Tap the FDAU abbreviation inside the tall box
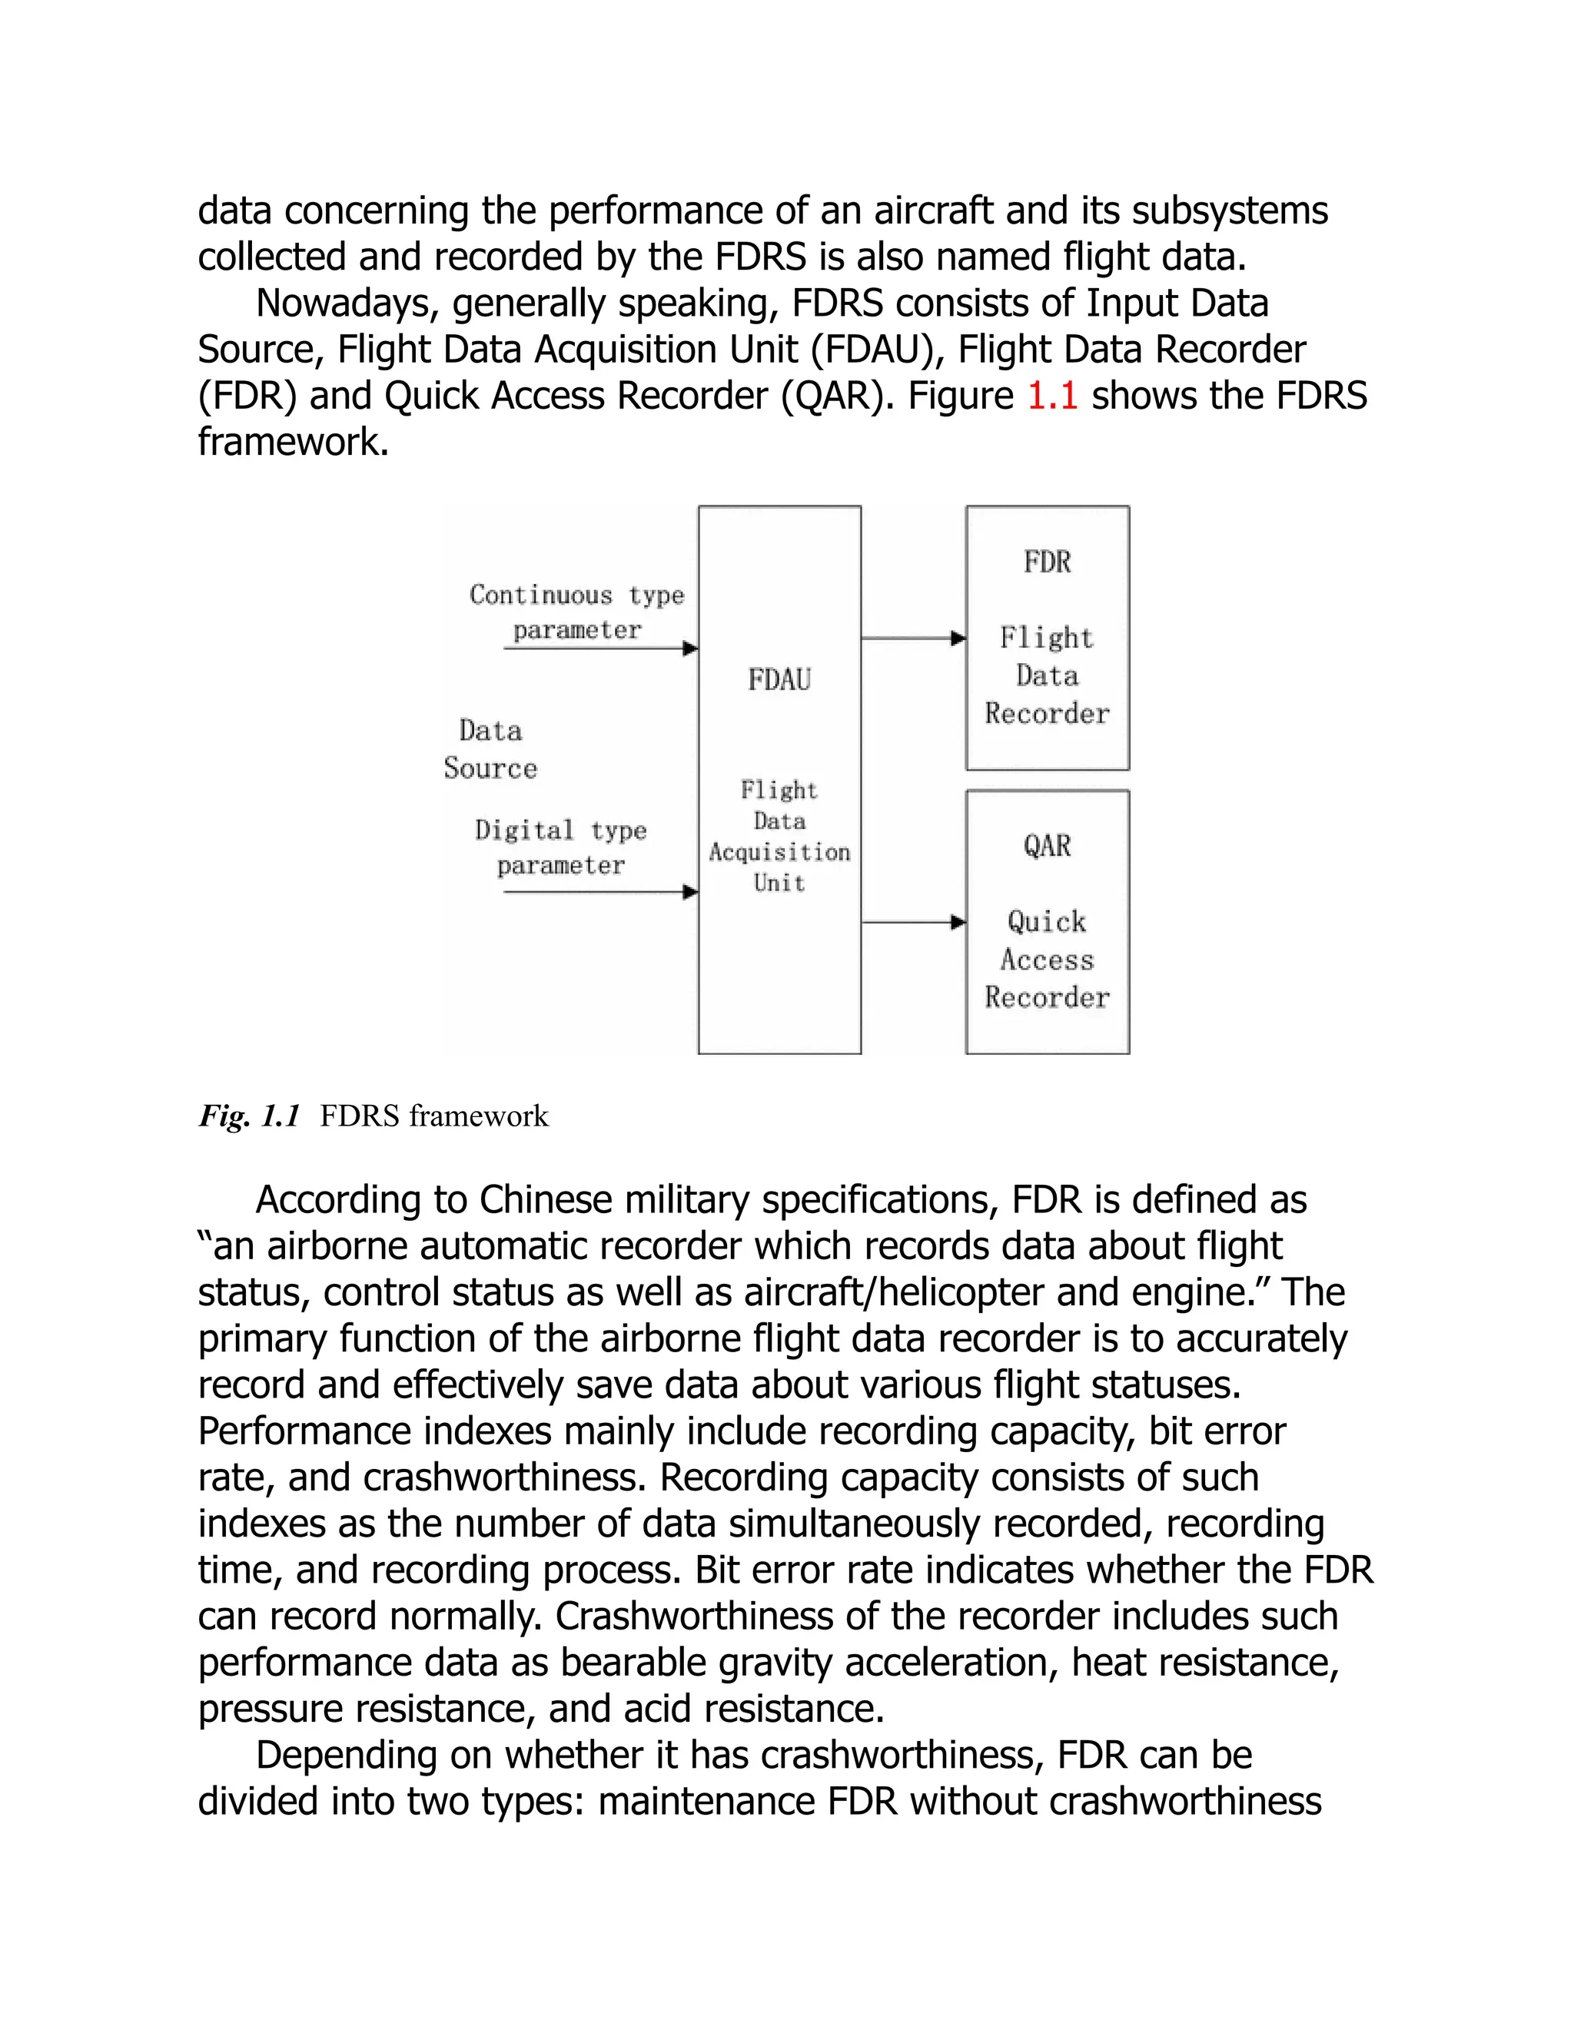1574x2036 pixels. [779, 680]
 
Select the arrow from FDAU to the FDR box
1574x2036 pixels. [913, 638]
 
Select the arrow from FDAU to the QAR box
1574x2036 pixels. [913, 923]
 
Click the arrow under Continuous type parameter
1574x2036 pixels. [599, 648]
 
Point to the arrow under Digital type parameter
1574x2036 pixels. [599, 892]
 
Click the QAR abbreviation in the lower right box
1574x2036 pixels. [1048, 847]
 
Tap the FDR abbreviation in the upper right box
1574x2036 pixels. [1048, 562]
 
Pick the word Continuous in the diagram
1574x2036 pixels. [541, 595]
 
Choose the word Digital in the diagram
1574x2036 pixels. [524, 831]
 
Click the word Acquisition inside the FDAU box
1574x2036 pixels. [779, 852]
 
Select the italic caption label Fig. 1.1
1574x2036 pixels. [249, 1116]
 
